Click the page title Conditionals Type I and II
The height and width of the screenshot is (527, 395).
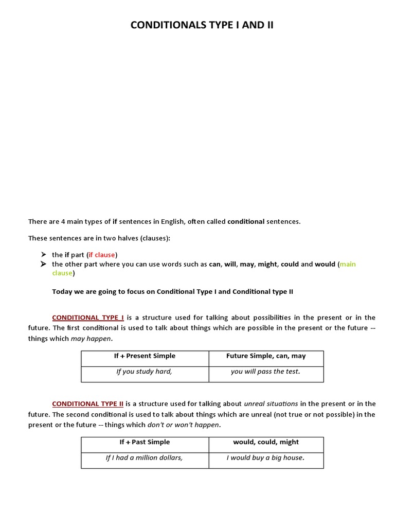click(202, 25)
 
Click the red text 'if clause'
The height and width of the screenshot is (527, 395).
click(102, 255)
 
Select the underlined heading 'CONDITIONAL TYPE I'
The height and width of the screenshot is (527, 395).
click(88, 318)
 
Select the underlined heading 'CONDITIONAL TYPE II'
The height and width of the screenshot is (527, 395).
click(88, 403)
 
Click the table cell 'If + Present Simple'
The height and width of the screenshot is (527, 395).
click(145, 356)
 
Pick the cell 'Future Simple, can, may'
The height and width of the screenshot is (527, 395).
click(266, 356)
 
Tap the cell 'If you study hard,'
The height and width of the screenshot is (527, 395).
click(144, 372)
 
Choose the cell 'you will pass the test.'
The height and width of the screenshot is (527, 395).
click(265, 372)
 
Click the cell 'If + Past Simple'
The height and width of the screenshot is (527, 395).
click(145, 442)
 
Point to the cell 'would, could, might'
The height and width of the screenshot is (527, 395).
click(266, 442)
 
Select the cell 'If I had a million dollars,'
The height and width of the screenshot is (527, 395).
click(144, 458)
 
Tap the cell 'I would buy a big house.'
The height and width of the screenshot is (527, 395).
click(265, 458)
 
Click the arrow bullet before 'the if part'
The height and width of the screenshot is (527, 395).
click(44, 255)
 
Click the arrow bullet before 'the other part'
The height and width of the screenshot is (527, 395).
click(44, 264)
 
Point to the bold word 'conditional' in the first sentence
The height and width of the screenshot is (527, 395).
click(246, 222)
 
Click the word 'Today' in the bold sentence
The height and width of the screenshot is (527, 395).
click(63, 291)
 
